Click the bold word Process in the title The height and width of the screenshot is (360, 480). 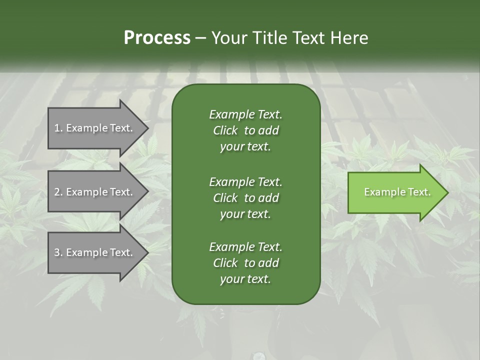click(157, 38)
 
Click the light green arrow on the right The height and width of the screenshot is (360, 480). click(395, 192)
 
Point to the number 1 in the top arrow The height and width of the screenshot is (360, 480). click(57, 128)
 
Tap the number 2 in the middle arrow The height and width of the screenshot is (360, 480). click(57, 192)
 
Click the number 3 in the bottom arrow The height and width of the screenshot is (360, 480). click(57, 252)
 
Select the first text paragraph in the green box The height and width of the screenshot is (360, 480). click(245, 130)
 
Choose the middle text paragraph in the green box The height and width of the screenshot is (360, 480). click(245, 197)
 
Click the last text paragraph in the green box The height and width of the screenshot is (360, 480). click(245, 263)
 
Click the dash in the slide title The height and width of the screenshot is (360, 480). click(201, 38)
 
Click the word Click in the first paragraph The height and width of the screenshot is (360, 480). click(225, 131)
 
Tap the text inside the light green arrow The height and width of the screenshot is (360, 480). click(397, 192)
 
